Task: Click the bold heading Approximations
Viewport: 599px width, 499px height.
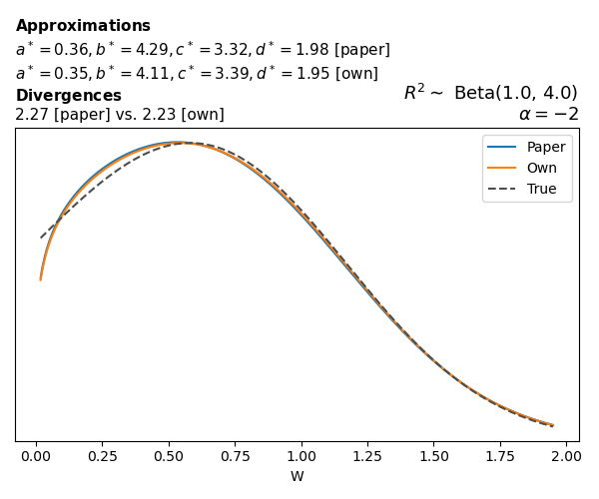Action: coord(83,26)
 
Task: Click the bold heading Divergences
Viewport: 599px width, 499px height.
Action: coord(68,96)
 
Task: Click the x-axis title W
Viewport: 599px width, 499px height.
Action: coord(298,476)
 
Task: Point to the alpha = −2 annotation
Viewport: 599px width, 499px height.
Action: coord(548,114)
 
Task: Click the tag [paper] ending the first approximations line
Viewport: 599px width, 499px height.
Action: coord(360,50)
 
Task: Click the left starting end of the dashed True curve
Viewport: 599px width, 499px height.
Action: coord(41,238)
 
